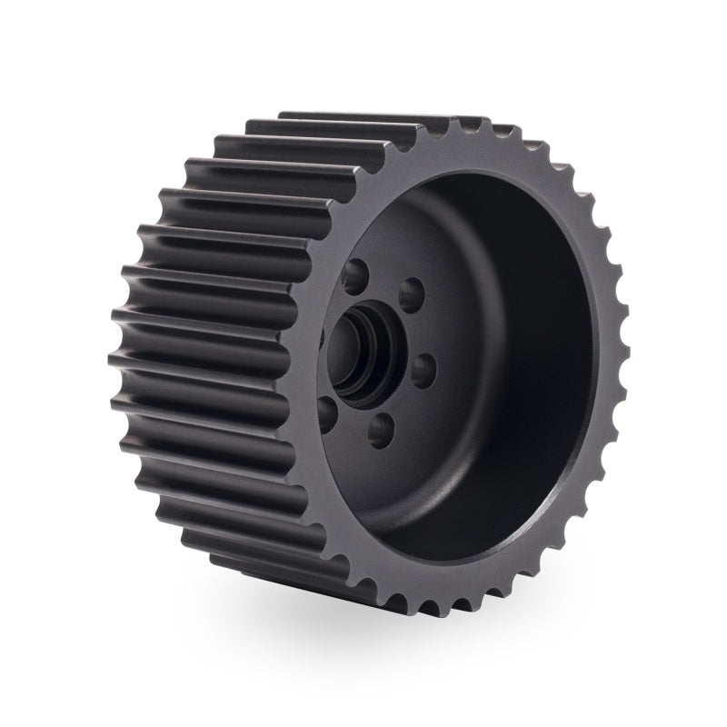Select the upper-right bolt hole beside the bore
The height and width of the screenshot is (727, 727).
[x=413, y=294]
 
